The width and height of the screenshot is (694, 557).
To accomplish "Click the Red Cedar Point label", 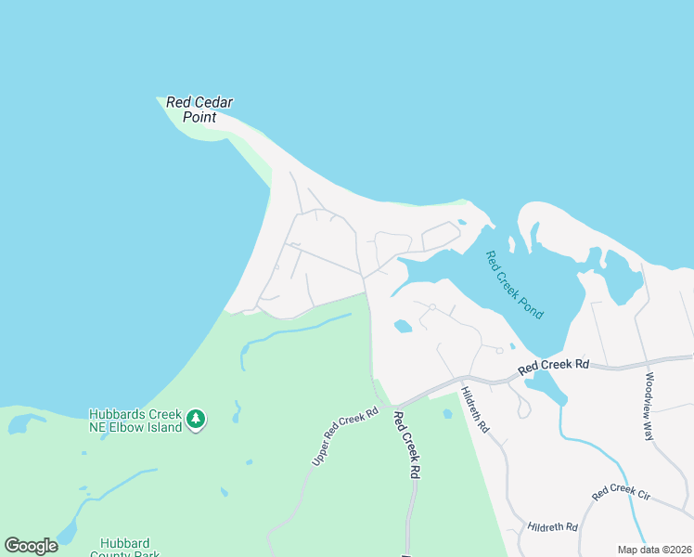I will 199,110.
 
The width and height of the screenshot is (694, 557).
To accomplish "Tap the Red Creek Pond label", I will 514,285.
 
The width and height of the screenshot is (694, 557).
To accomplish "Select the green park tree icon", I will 195,420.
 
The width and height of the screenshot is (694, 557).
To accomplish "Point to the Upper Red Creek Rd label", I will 344,436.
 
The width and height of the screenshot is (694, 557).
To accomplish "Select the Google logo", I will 31,546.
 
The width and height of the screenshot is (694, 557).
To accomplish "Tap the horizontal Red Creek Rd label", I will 554,366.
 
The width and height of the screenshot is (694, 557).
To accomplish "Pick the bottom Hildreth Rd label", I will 552,527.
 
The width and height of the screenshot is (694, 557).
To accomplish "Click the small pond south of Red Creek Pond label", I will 403,326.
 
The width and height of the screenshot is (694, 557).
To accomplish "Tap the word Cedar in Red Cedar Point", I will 213,102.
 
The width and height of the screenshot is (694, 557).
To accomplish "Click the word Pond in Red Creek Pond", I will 532,304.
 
